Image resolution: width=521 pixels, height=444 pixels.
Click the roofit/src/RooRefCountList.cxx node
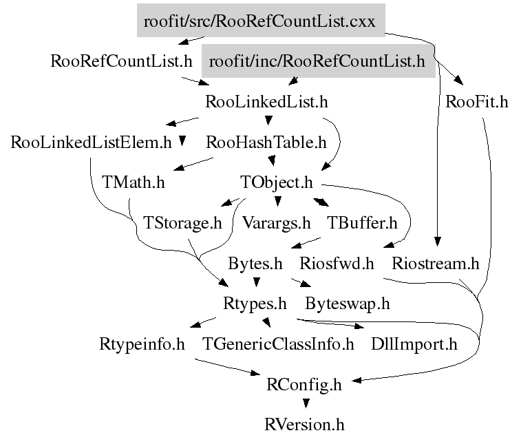(259, 21)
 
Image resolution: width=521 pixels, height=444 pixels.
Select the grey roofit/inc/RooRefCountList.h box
(317, 61)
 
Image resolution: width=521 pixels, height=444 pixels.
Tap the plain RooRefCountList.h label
(122, 61)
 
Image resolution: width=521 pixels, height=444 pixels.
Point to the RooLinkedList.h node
(266, 103)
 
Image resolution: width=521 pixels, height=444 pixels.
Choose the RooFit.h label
(477, 103)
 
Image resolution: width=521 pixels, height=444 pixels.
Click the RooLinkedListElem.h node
(92, 143)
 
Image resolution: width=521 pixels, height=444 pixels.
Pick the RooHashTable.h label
(266, 143)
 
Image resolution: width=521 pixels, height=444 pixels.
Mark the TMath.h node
(134, 183)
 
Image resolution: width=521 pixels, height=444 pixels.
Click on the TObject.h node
(277, 183)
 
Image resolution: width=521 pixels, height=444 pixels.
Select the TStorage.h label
(182, 223)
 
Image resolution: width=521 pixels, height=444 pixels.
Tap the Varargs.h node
(277, 223)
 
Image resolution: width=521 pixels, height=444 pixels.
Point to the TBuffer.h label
(362, 223)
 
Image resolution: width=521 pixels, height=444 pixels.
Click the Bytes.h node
(255, 263)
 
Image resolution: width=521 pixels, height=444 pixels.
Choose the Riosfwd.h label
(337, 263)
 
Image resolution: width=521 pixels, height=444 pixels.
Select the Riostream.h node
(434, 263)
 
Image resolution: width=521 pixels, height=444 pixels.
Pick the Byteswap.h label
(348, 303)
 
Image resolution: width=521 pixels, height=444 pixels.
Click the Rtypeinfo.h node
(142, 343)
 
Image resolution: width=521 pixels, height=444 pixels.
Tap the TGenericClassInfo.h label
(278, 343)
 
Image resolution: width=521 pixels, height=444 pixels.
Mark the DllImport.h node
(414, 343)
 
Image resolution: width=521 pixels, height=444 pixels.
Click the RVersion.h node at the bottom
(304, 424)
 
